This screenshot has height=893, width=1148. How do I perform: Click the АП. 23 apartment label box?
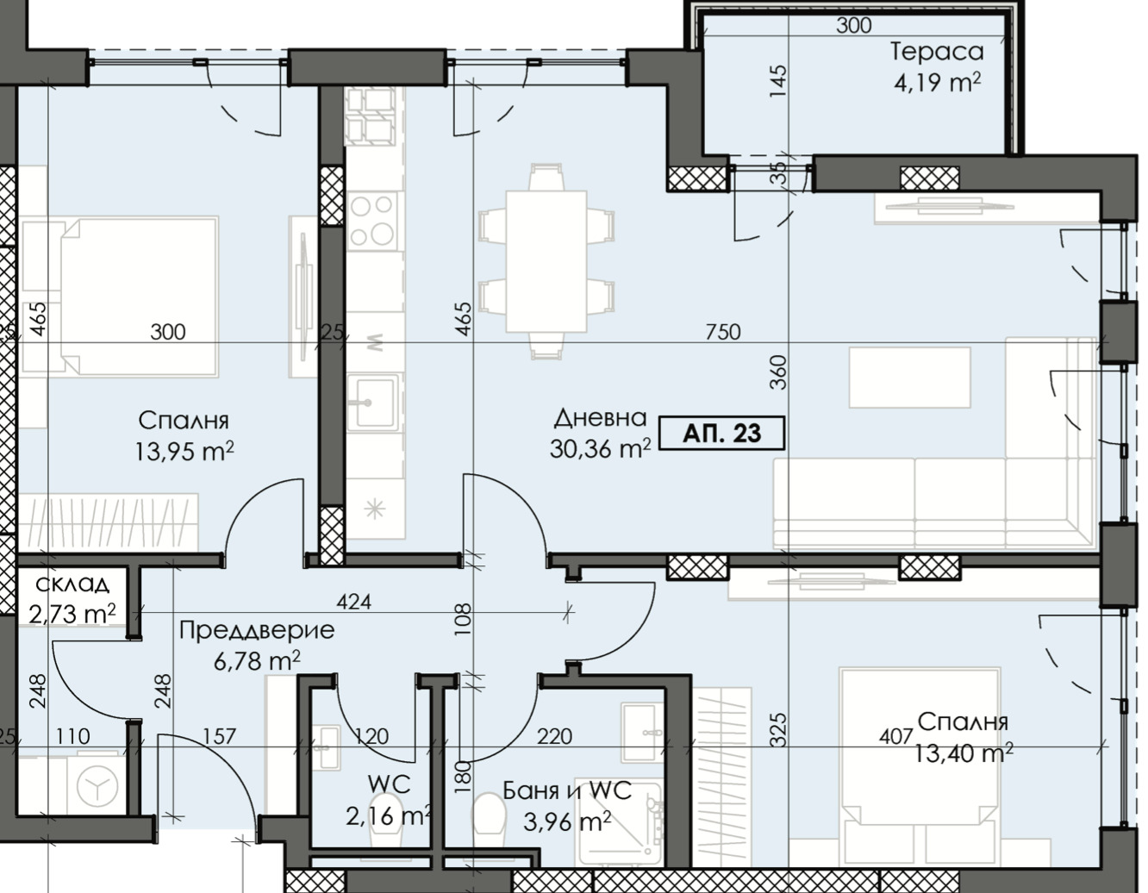point(721,434)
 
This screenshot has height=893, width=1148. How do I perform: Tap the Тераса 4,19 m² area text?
point(937,83)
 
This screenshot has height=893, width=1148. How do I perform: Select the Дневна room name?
point(600,418)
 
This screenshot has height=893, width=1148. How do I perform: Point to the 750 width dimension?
point(723,332)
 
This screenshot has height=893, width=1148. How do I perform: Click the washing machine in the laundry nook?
point(97,786)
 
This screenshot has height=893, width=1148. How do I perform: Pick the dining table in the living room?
point(546,261)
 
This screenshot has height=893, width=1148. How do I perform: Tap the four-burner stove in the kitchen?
point(372,220)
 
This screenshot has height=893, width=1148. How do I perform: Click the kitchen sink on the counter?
point(372,403)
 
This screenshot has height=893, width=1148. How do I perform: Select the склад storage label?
point(73,584)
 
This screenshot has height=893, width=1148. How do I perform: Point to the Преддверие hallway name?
point(257,630)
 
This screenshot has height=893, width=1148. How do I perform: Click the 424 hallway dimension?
point(354,602)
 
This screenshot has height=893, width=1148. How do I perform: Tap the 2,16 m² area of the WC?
point(389,816)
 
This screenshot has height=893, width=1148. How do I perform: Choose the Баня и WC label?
point(567,790)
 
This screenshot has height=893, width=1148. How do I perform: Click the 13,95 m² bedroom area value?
point(184,452)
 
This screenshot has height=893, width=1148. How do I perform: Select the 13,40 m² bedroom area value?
point(964,753)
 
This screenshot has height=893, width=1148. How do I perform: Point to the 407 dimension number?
point(896,736)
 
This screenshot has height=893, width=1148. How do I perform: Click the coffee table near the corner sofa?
point(910,378)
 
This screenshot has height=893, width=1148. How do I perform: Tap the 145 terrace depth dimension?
point(777,81)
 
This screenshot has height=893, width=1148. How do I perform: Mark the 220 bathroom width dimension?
point(555,736)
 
